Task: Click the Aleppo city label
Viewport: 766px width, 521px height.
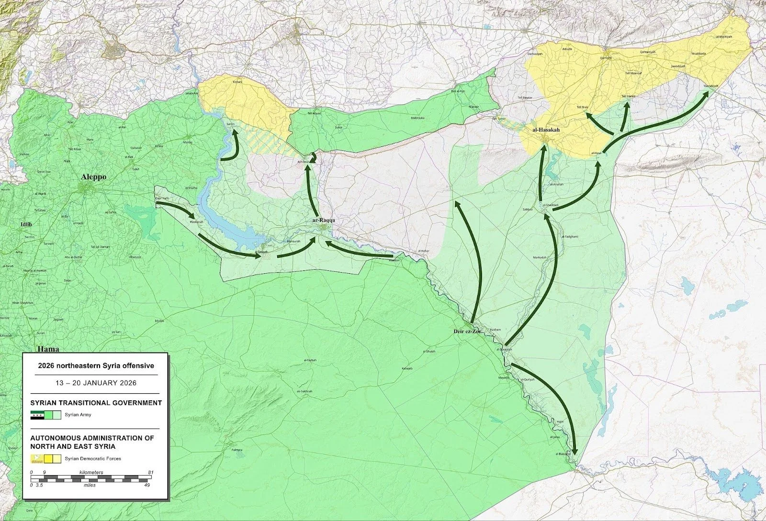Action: coord(93,177)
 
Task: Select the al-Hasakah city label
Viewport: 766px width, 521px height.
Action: coord(546,130)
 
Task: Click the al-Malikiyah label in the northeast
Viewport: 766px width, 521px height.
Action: coord(724,36)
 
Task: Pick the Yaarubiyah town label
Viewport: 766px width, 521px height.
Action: coord(711,86)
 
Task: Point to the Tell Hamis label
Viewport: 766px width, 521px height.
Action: coord(628,96)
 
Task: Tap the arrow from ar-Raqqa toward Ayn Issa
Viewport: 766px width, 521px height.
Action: coord(310,191)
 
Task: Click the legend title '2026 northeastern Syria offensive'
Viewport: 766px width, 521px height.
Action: coord(96,366)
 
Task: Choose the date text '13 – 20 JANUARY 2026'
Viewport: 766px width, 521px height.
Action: coord(96,383)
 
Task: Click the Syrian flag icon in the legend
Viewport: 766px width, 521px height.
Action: coord(37,415)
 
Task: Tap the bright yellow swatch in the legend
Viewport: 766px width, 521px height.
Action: coord(48,459)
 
